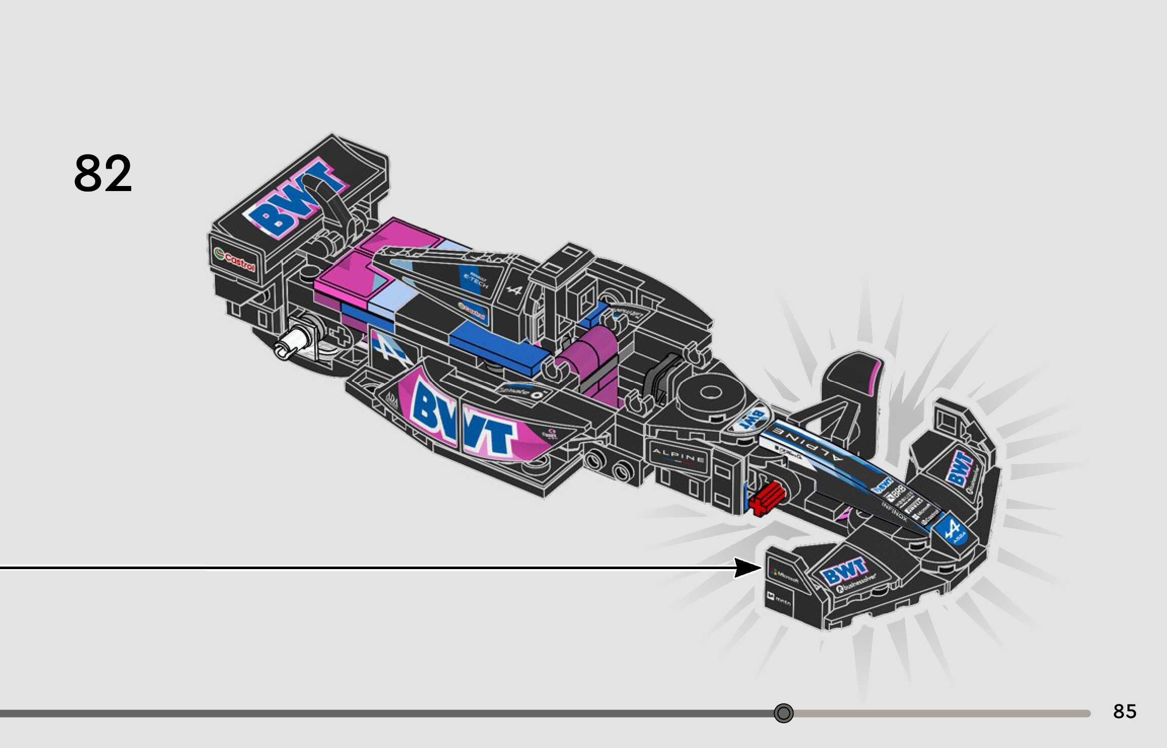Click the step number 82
click(x=103, y=174)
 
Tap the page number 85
click(x=1124, y=712)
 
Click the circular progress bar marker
click(x=783, y=714)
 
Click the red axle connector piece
click(x=767, y=498)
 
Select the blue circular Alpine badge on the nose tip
click(x=951, y=530)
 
